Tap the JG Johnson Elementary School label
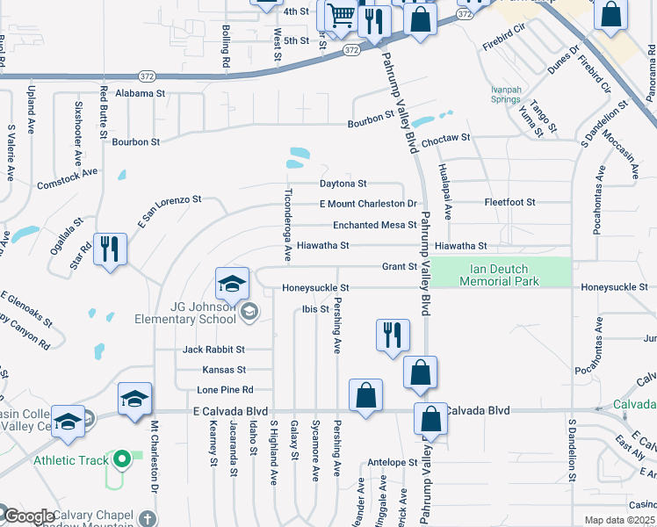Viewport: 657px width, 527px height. pyautogui.click(x=185, y=314)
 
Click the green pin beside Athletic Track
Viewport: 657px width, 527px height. pyautogui.click(x=124, y=459)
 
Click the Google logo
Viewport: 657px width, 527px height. pyautogui.click(x=29, y=516)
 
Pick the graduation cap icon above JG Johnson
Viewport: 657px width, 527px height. pyautogui.click(x=232, y=283)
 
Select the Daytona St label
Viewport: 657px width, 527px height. pyautogui.click(x=343, y=184)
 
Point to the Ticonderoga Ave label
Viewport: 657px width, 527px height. pyautogui.click(x=287, y=225)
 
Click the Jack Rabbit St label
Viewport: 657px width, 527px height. pyautogui.click(x=213, y=350)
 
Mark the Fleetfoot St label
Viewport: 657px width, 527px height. pyautogui.click(x=509, y=202)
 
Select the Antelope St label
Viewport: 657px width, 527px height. pyautogui.click(x=392, y=462)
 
